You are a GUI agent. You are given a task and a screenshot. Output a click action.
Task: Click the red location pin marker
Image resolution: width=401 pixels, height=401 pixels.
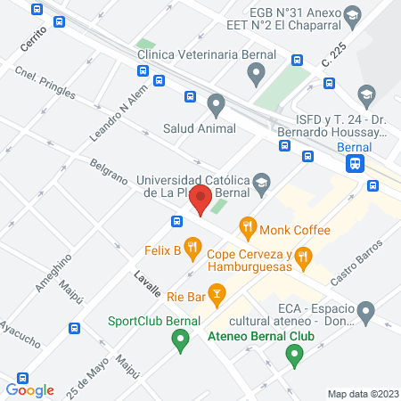point(201,200)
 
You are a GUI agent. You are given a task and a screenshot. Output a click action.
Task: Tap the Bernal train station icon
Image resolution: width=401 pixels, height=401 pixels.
point(356,163)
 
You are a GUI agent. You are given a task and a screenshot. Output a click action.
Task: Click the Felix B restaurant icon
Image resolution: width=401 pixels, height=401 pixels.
point(191,246)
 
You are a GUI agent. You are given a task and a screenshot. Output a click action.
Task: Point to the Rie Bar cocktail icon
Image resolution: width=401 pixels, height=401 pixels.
point(217,292)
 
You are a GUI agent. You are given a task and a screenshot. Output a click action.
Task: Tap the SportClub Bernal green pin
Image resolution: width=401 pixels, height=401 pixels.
point(180,339)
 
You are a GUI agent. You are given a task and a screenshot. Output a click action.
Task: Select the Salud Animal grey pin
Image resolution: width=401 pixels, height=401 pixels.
point(216,105)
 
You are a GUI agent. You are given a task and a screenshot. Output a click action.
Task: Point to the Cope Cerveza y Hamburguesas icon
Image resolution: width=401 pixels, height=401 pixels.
point(303,259)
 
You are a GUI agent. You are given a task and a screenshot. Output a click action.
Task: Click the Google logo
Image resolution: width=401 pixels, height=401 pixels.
point(30,389)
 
